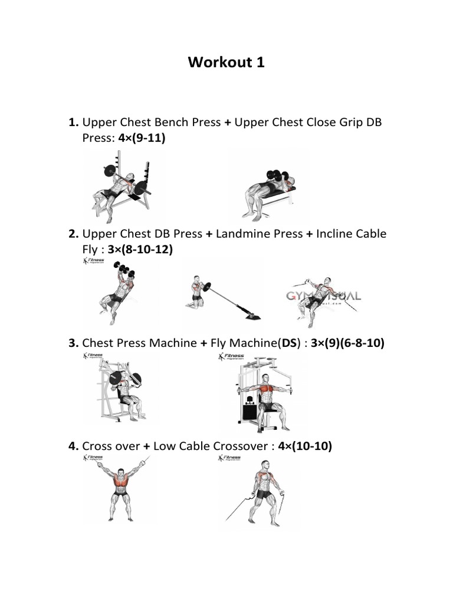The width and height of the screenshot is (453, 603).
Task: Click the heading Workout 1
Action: [x=226, y=62]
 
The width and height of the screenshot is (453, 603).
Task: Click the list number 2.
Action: [x=73, y=234]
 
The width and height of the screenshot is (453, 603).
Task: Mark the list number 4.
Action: [x=73, y=447]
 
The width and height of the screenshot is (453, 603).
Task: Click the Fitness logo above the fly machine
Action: [x=235, y=357]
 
